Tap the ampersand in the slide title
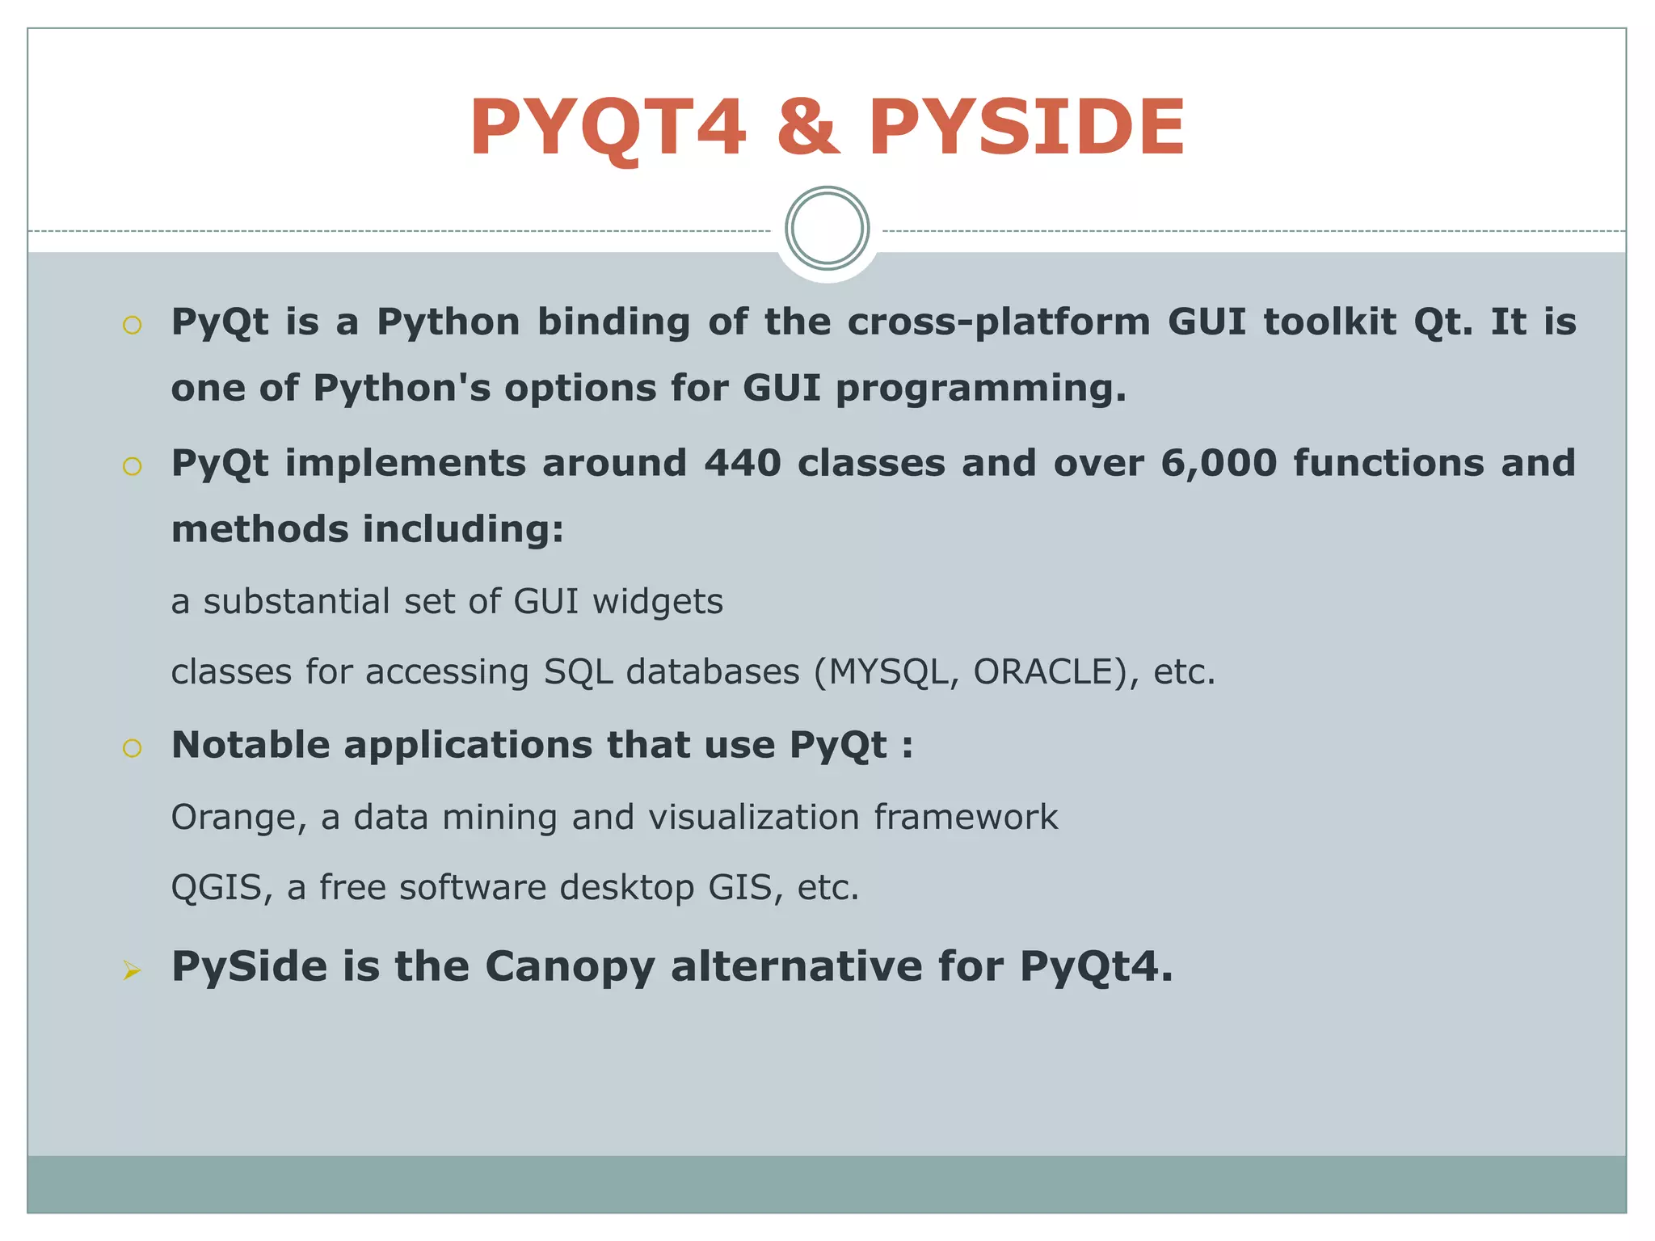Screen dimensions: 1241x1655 [807, 128]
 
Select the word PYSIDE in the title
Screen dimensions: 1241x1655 [1026, 128]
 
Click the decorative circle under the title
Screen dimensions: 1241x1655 [827, 229]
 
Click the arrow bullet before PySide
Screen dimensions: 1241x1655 [132, 970]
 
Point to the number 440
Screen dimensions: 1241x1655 [742, 464]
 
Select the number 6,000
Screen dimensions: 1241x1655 [1218, 464]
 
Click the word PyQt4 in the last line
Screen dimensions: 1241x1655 [1095, 967]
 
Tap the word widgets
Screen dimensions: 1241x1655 [657, 603]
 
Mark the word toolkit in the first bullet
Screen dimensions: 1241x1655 [1329, 322]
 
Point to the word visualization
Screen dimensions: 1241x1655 [753, 818]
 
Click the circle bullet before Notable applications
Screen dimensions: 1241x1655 [132, 748]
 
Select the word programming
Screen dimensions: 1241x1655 [980, 389]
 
